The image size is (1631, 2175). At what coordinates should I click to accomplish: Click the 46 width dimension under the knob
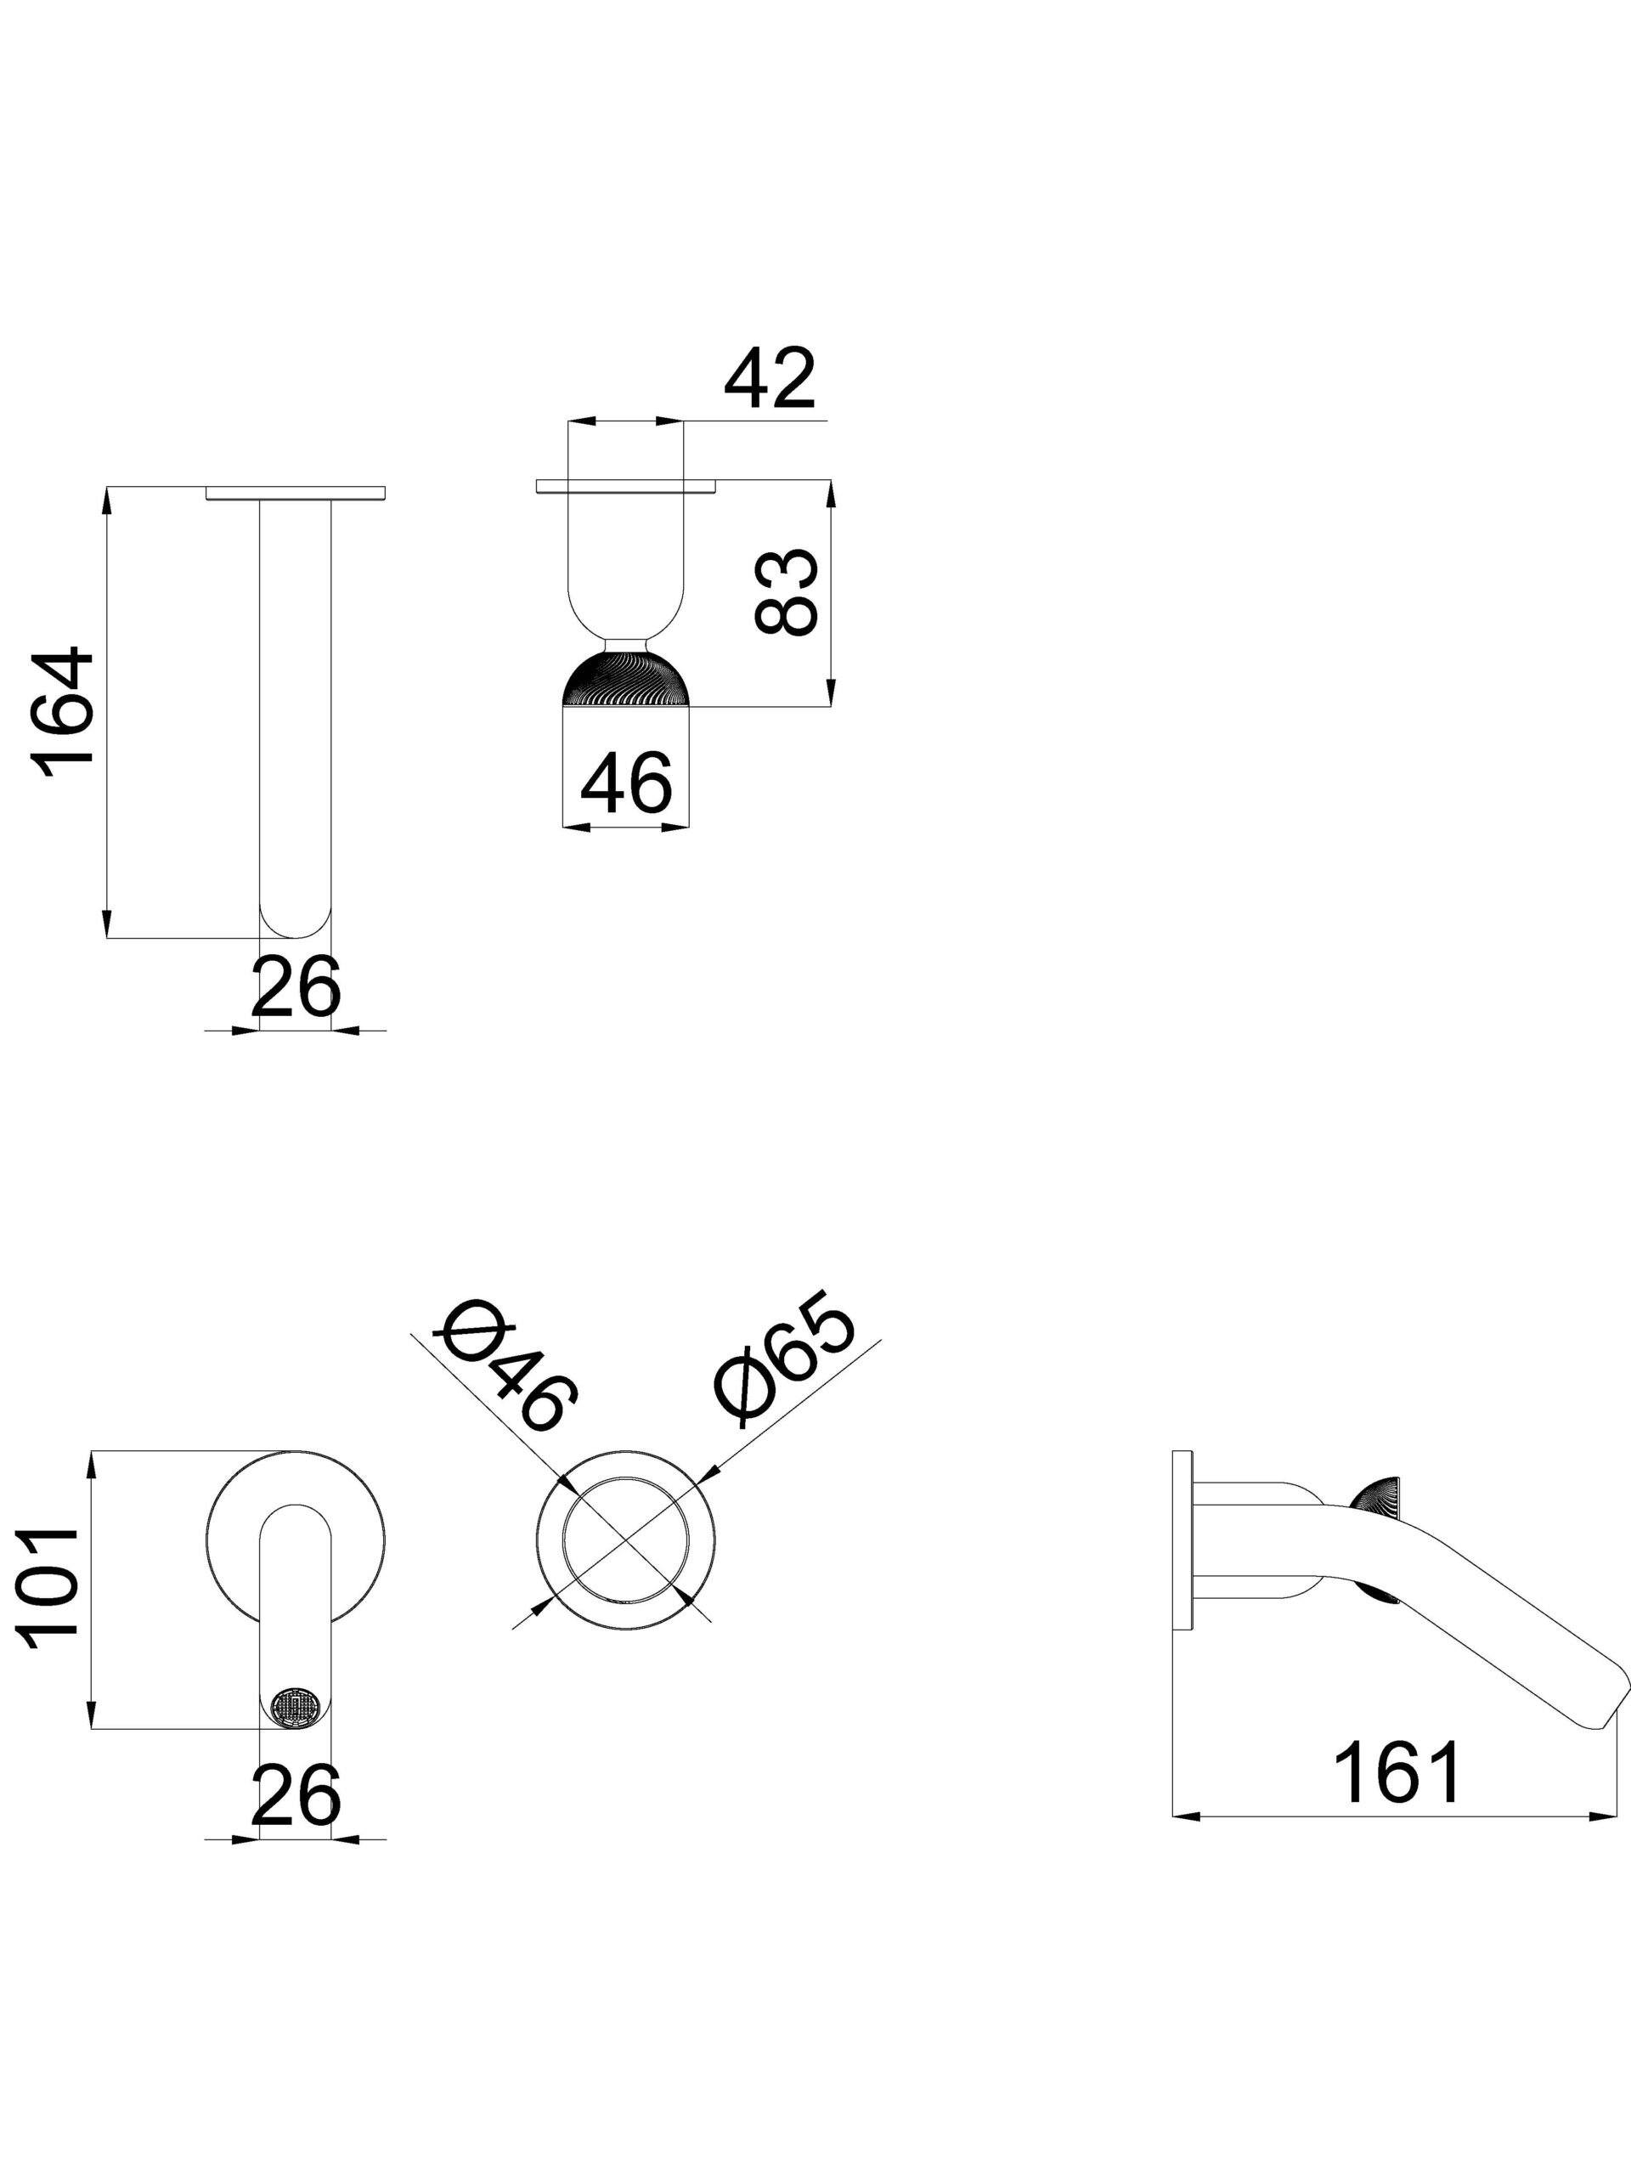point(626,783)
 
